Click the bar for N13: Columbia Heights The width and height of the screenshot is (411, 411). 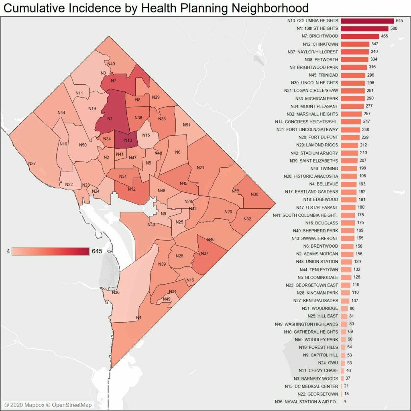(367, 21)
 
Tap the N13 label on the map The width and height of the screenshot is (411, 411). (128, 140)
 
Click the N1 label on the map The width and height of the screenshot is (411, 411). (110, 118)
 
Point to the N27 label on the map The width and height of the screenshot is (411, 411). (32, 163)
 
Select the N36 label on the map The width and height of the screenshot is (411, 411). (116, 292)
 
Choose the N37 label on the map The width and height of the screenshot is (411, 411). (204, 253)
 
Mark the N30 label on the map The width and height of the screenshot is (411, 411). (254, 194)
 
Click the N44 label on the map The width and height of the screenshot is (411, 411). (61, 113)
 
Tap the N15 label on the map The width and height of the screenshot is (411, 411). (146, 135)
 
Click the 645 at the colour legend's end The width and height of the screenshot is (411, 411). (97, 251)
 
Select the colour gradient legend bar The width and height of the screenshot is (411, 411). (51, 251)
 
